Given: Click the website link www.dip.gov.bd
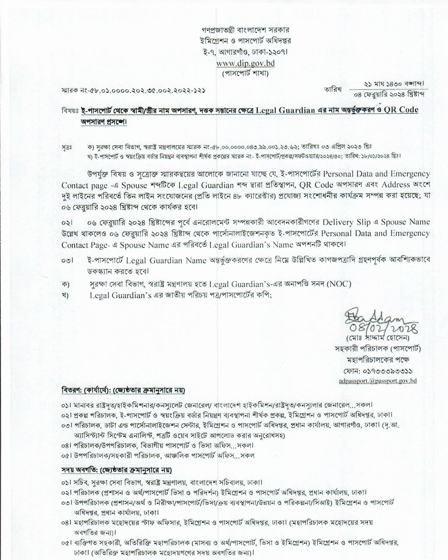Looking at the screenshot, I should tap(245, 63).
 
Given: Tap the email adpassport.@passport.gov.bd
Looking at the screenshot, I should tap(377, 381).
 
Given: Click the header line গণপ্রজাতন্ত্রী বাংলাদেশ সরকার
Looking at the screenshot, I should tap(245, 30).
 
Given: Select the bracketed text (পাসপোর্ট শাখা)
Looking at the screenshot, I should tap(245, 74).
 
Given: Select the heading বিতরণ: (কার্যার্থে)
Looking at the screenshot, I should tap(123, 390).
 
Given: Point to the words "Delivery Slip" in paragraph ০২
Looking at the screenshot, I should tap(342, 222).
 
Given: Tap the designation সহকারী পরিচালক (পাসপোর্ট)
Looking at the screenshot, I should tap(378, 349).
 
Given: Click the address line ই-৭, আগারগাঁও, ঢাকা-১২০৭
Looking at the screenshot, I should tap(245, 52).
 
